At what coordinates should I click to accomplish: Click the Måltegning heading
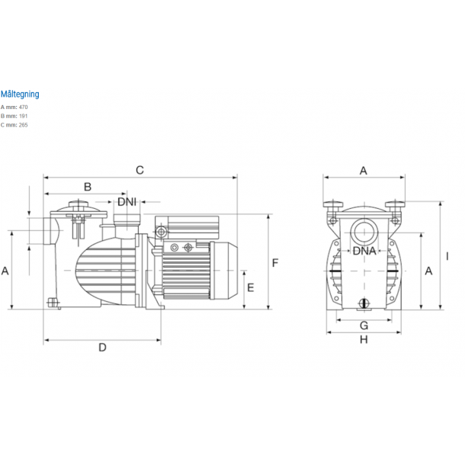pyautogui.click(x=20, y=95)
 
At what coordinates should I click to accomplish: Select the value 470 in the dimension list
pyautogui.click(x=23, y=107)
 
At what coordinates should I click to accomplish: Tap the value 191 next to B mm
pyautogui.click(x=23, y=116)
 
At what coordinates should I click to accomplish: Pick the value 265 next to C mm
pyautogui.click(x=23, y=125)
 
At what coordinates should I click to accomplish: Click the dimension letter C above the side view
pyautogui.click(x=139, y=170)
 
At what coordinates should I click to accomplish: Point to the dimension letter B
pyautogui.click(x=88, y=187)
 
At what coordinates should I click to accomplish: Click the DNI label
pyautogui.click(x=127, y=202)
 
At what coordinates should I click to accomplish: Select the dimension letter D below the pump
pyautogui.click(x=102, y=348)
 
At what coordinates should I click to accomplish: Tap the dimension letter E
pyautogui.click(x=251, y=287)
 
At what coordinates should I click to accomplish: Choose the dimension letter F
pyautogui.click(x=275, y=263)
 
